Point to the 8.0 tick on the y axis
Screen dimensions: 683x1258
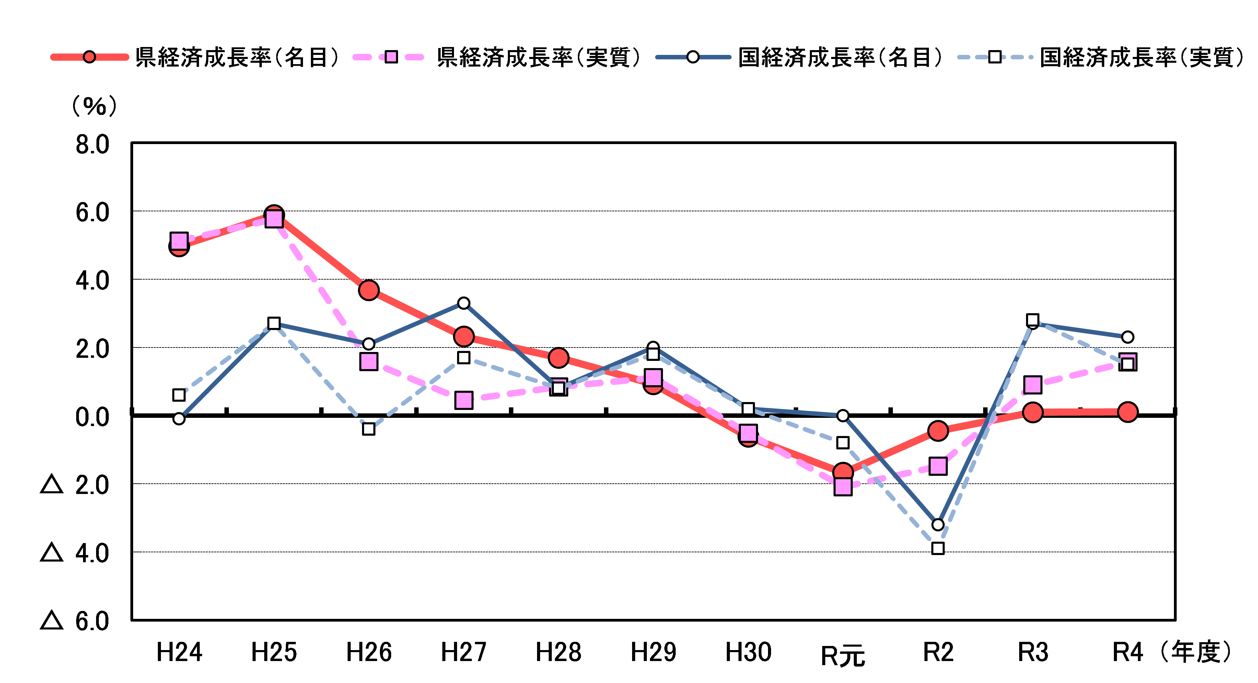click(x=92, y=145)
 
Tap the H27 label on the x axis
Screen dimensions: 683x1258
click(x=464, y=652)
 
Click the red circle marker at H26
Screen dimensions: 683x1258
click(x=369, y=290)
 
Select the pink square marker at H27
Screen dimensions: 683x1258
click(x=464, y=400)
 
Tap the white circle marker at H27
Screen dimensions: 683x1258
click(x=464, y=303)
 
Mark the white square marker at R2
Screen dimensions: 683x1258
click(x=937, y=548)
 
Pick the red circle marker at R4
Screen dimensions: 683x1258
click(x=1128, y=412)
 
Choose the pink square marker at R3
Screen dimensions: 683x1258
click(x=1033, y=385)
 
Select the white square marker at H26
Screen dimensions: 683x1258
click(x=369, y=429)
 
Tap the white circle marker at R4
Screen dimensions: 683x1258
click(x=1128, y=337)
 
